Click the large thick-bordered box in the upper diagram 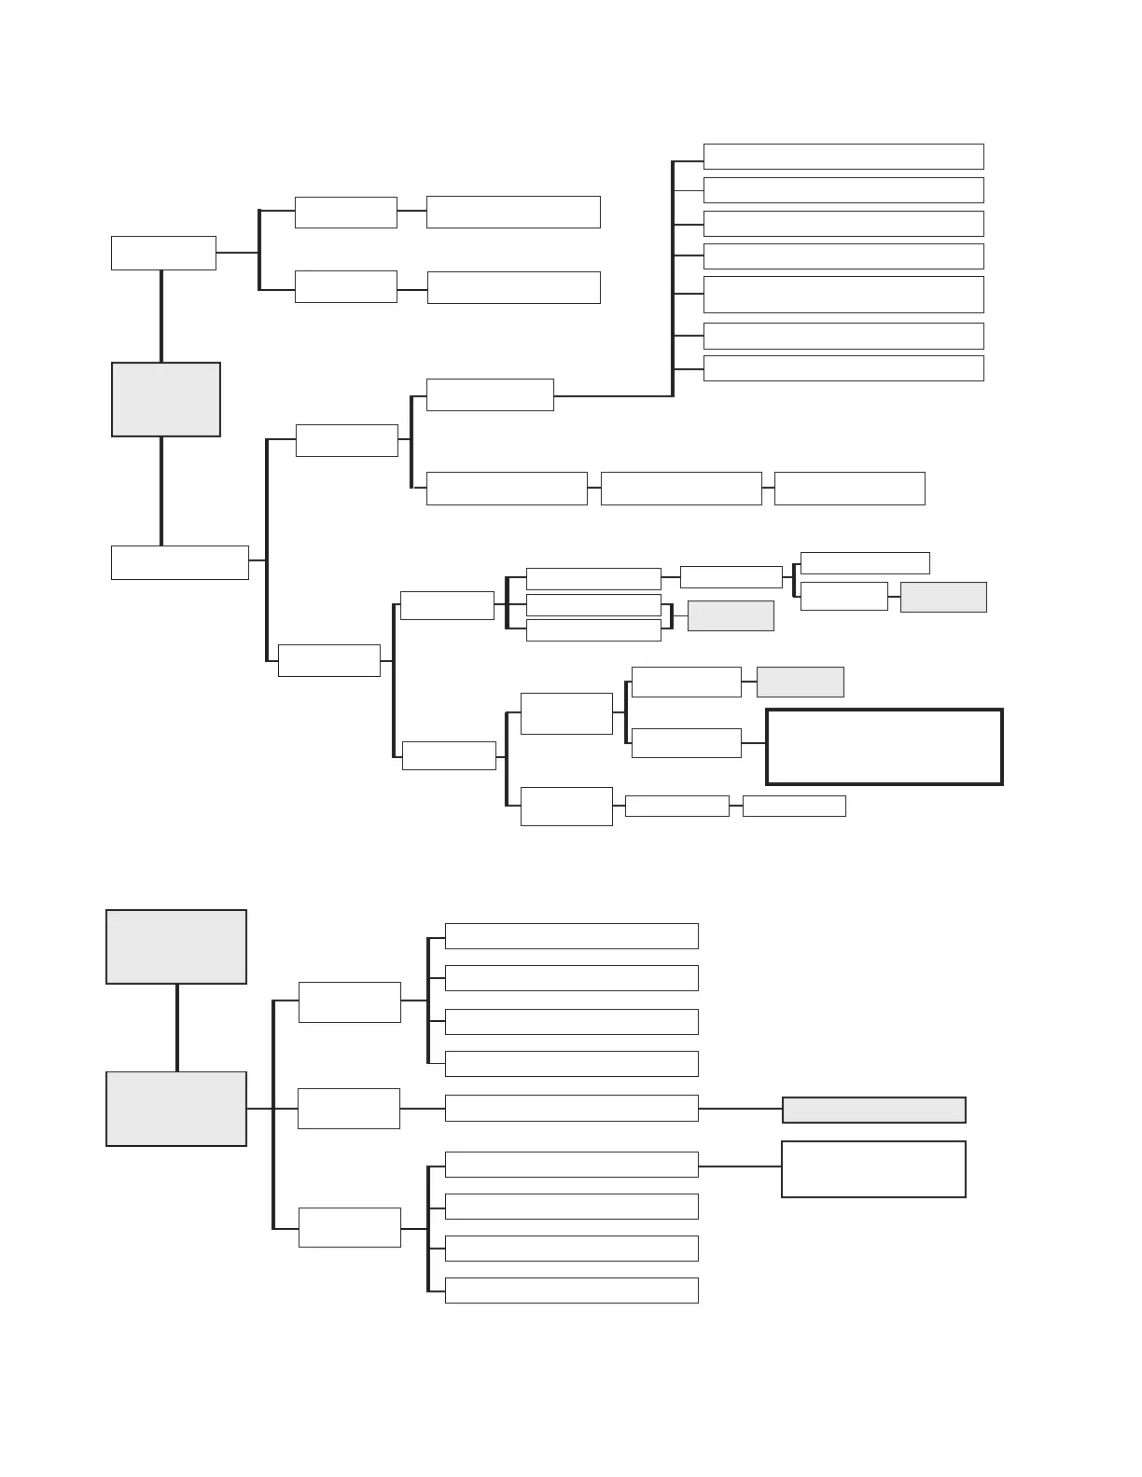pos(884,747)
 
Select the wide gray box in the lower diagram pos(873,1110)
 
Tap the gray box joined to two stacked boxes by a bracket pos(731,615)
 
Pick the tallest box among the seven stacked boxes pos(843,294)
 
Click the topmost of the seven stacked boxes pos(843,156)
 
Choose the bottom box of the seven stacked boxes pos(843,367)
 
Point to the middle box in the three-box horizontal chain pos(681,489)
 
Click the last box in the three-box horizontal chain pos(849,489)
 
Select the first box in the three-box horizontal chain pos(507,489)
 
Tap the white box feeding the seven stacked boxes pos(490,394)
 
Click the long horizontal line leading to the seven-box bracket pos(612,396)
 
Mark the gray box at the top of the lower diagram pos(176,946)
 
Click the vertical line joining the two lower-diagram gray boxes pos(176,1028)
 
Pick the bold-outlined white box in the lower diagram pos(873,1168)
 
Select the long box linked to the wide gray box pos(571,1108)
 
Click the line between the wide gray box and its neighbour pos(740,1109)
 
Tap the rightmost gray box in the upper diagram pos(943,597)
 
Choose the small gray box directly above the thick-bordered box pos(800,682)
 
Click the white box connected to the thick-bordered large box pos(686,743)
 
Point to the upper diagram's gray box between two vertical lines pos(166,399)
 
